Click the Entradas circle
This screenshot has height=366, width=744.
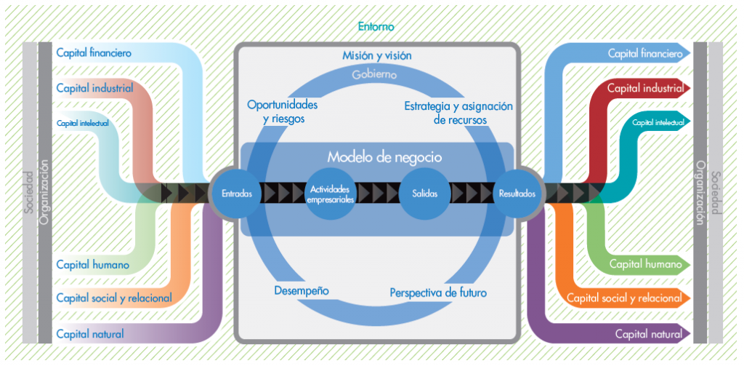click(237, 194)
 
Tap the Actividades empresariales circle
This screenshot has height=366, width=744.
click(331, 194)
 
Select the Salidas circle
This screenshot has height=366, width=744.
click(424, 194)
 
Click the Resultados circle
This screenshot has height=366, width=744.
click(517, 194)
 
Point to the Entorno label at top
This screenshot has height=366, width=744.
click(376, 27)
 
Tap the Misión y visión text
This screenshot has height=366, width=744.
click(376, 56)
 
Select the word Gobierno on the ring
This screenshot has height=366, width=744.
click(374, 74)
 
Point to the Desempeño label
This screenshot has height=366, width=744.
click(302, 290)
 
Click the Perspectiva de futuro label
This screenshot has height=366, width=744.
click(438, 293)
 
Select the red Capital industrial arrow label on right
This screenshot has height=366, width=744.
click(646, 89)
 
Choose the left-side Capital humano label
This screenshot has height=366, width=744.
click(92, 264)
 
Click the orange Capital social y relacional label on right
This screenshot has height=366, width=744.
click(624, 298)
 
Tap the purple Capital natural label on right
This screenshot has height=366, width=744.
click(648, 334)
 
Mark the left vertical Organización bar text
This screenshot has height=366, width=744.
click(44, 193)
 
